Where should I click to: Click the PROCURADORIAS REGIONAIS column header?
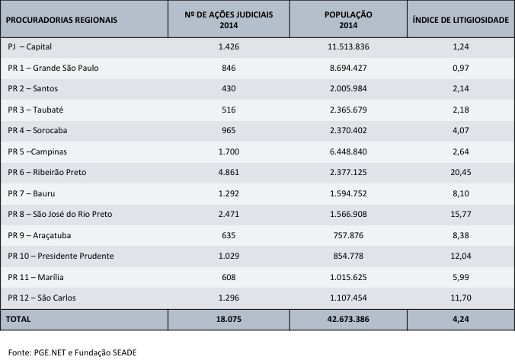(x=62, y=20)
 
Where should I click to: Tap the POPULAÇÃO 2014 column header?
(x=347, y=20)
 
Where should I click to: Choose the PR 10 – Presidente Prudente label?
(x=60, y=256)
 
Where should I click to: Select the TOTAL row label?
(x=19, y=320)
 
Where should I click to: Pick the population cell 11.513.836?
(x=347, y=47)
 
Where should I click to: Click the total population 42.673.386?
(x=347, y=320)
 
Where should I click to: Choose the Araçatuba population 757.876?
(x=347, y=235)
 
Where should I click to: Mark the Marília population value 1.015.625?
(x=347, y=277)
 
